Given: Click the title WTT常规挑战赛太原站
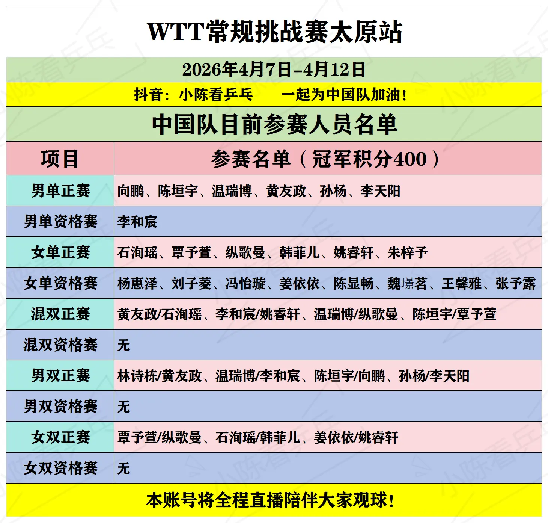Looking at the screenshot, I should pyautogui.click(x=274, y=32).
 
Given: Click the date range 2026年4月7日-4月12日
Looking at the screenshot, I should pyautogui.click(x=274, y=70).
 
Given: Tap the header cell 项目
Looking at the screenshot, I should pyautogui.click(x=60, y=159).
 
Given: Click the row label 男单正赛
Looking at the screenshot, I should pyautogui.click(x=60, y=191).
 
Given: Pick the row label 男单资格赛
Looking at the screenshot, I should pyautogui.click(x=60, y=222).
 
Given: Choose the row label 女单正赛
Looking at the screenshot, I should pyautogui.click(x=60, y=252).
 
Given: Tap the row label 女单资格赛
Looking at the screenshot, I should pyautogui.click(x=60, y=283).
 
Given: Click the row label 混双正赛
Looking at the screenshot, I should pyautogui.click(x=60, y=314).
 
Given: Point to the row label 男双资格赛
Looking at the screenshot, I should pyautogui.click(x=60, y=407).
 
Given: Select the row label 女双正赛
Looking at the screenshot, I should pyautogui.click(x=60, y=437).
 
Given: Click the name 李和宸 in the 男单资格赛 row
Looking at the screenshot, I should pyautogui.click(x=137, y=222).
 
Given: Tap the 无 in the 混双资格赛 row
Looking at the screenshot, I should pyautogui.click(x=123, y=345).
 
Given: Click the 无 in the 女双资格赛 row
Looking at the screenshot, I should pyautogui.click(x=123, y=468).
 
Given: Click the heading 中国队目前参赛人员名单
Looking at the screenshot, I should pyautogui.click(x=274, y=124).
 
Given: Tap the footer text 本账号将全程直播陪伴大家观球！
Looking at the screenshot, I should pyautogui.click(x=270, y=500).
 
